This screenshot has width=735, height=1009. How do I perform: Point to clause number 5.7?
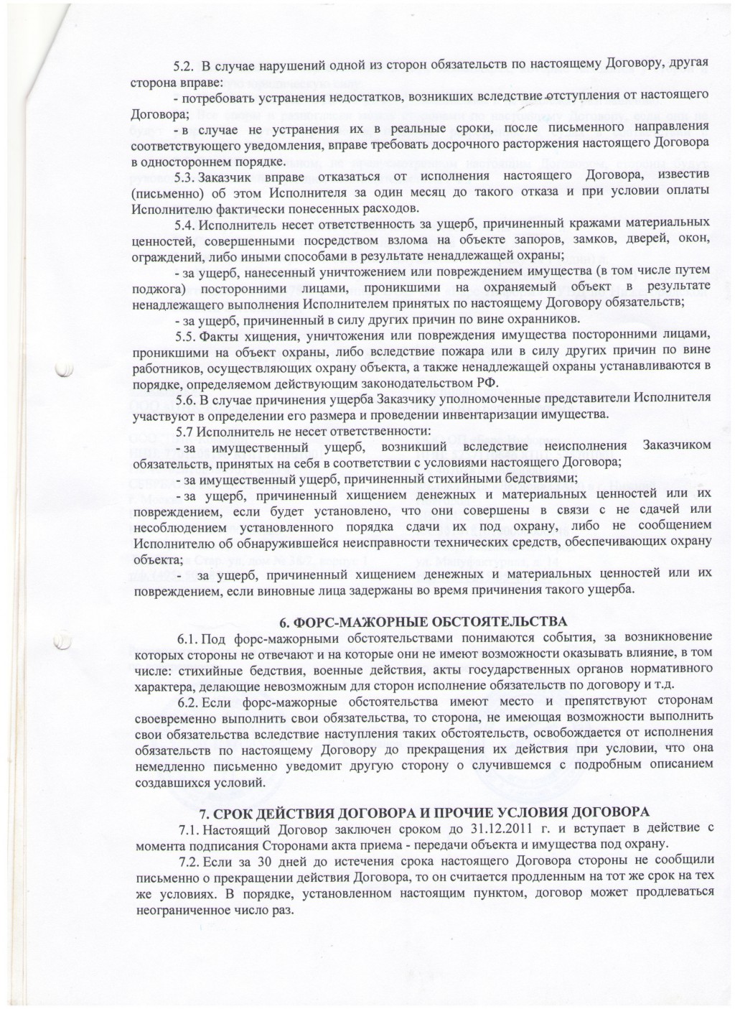click(x=185, y=432)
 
